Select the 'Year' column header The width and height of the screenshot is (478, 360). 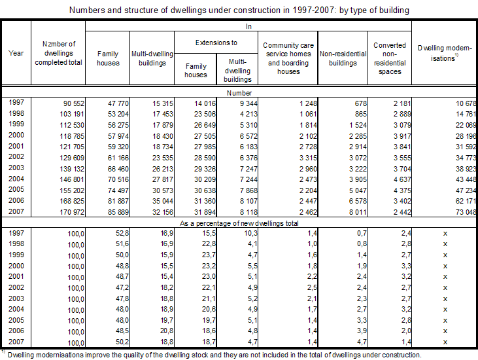point(16,53)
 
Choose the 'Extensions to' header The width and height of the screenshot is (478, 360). point(216,43)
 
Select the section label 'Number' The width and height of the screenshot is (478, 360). point(239,93)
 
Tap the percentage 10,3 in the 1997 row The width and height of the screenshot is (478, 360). point(245,234)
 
